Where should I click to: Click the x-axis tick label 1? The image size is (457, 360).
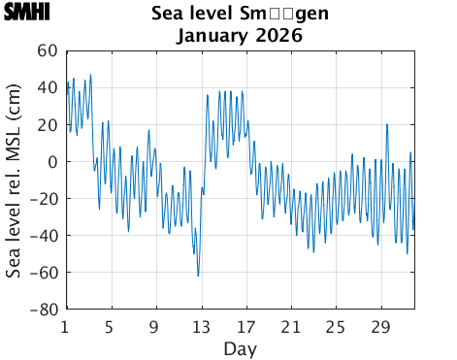click(x=65, y=326)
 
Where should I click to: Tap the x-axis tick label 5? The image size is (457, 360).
click(x=110, y=326)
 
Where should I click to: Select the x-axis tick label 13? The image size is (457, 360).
click(x=200, y=326)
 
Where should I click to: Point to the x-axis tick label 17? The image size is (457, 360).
click(x=245, y=326)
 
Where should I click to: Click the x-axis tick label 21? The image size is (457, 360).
click(x=290, y=326)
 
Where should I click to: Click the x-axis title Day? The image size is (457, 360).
click(x=240, y=347)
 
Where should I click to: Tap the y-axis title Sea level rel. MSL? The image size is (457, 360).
click(x=16, y=180)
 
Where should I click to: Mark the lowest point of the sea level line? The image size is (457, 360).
click(x=198, y=276)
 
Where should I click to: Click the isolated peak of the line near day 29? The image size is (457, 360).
click(x=387, y=124)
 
